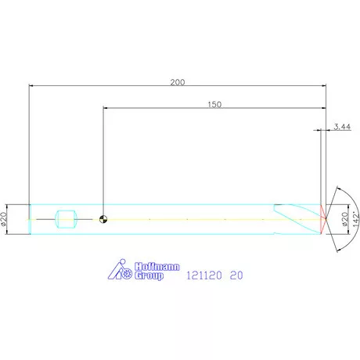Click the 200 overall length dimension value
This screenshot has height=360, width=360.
coord(178,82)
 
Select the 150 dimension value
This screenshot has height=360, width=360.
coord(214,105)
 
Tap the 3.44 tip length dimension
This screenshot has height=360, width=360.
coord(342,127)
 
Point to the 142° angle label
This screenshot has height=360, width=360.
coord(356,219)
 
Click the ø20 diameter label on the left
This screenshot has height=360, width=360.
coord(3,219)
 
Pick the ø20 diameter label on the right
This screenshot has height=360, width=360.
coord(344,219)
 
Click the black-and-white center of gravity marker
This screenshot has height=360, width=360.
coord(103,219)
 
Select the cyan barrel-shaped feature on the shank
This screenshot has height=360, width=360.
coord(66,219)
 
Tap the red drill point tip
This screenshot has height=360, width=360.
coord(323,219)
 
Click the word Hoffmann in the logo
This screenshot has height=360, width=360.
coord(157,267)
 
